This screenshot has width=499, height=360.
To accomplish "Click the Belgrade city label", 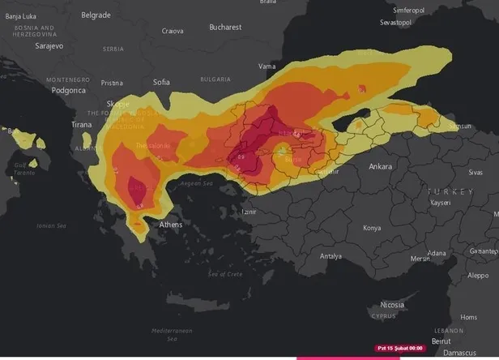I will [x=96, y=15].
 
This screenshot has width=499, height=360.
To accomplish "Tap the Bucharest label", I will [x=224, y=27].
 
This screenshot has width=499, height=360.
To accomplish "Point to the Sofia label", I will [x=161, y=82].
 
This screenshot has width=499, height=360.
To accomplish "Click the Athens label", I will [x=170, y=225].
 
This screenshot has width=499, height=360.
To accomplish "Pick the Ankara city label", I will [x=380, y=167].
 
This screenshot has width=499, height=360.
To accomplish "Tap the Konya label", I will [x=371, y=228].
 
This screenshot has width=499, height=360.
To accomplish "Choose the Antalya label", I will [x=331, y=256].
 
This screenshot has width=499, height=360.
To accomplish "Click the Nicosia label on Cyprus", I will [x=392, y=305].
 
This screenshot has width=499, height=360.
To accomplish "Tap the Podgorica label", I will [x=68, y=90].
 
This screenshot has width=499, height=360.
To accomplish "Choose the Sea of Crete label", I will [x=224, y=274].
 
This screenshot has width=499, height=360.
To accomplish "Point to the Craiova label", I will [x=173, y=32].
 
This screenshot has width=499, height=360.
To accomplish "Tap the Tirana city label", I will [x=81, y=125].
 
